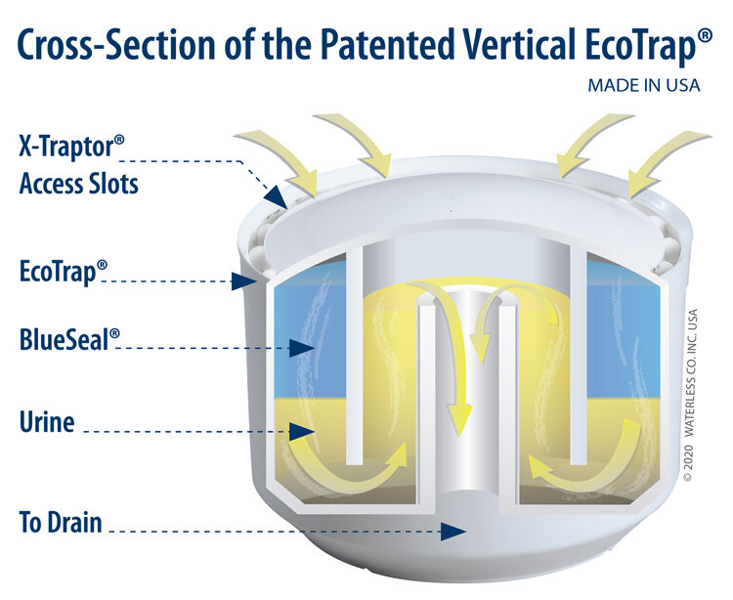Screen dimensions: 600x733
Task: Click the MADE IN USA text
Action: click(x=643, y=85)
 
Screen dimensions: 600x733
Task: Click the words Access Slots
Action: click(x=79, y=183)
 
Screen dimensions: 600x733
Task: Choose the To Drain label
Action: click(x=60, y=521)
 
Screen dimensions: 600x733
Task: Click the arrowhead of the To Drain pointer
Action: click(x=453, y=532)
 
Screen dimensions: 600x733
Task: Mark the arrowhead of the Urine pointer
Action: click(x=304, y=430)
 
